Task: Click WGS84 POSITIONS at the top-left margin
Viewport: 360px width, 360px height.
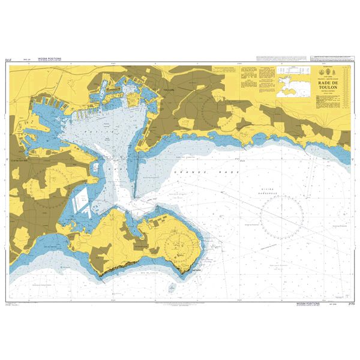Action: tap(49, 59)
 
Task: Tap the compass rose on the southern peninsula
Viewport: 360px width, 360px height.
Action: tap(176, 243)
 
